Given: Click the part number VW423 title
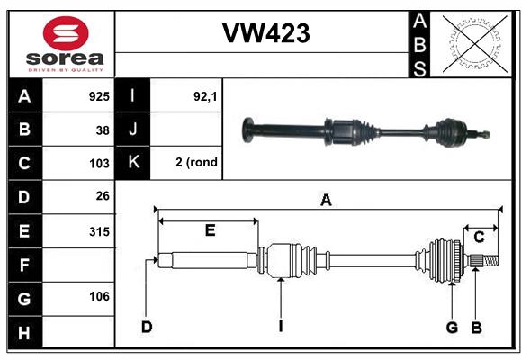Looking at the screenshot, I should click(x=265, y=33).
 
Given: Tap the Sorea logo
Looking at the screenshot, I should click(x=66, y=44).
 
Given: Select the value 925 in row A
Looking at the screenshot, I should click(x=99, y=95).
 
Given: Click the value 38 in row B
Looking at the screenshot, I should click(x=103, y=130).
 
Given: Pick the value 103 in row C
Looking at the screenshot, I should click(x=99, y=164).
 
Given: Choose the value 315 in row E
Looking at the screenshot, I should click(x=99, y=231).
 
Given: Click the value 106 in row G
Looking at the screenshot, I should click(x=99, y=296).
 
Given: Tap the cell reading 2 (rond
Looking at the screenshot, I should click(x=196, y=163).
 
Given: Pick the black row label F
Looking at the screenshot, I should click(x=24, y=265).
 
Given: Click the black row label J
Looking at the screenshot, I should click(x=133, y=130).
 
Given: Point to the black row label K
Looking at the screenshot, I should click(x=133, y=163).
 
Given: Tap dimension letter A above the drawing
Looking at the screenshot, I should click(x=326, y=201).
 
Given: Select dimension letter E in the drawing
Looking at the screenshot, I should click(x=209, y=230).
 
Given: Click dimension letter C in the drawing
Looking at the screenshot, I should click(x=479, y=237).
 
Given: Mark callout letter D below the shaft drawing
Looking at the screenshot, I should click(x=146, y=326).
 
